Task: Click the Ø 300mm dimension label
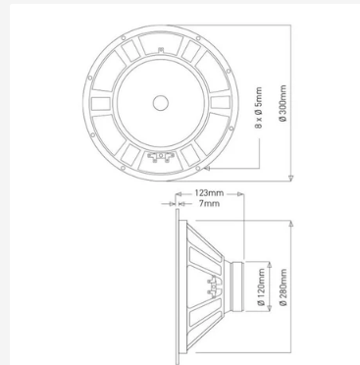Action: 283,103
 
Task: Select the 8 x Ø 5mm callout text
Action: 259,108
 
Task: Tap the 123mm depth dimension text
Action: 209,193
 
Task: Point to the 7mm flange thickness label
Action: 209,203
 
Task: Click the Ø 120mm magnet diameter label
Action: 261,287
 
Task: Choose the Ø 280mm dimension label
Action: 283,287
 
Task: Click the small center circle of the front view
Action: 161,103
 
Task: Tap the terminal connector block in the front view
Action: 160,157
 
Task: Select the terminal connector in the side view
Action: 213,287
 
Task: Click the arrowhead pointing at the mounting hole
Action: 206,168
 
